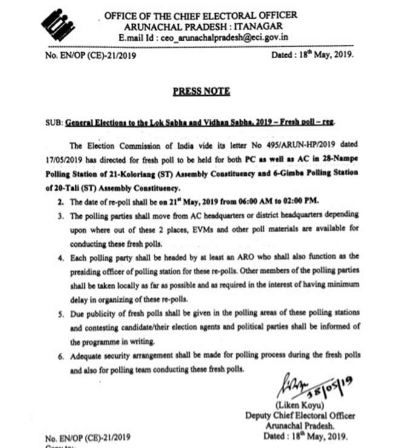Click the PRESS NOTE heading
click(x=201, y=92)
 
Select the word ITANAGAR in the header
click(x=256, y=27)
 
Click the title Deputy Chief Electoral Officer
click(x=300, y=416)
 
